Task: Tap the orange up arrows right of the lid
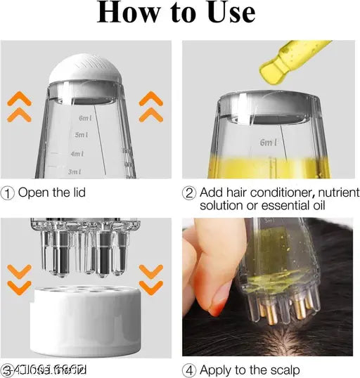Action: coord(150,107)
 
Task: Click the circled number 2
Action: coord(189,193)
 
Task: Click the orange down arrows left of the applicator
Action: coord(20,278)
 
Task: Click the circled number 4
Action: coord(189,369)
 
